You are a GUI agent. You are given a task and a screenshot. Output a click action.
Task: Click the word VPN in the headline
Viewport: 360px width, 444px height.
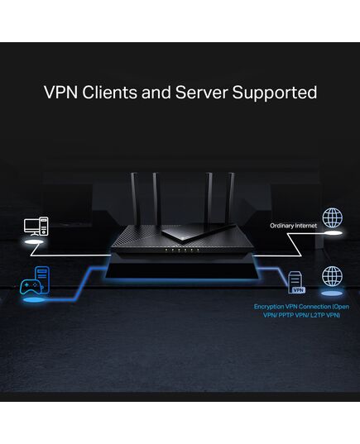point(60,93)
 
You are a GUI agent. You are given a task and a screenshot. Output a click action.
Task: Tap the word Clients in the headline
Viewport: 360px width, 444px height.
point(110,93)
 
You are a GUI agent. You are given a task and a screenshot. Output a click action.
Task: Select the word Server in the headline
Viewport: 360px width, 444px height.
point(201,93)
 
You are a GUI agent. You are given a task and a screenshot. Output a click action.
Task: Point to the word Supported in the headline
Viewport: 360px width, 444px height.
point(275,93)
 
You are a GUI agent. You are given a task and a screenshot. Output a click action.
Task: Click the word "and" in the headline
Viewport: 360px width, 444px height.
point(156,93)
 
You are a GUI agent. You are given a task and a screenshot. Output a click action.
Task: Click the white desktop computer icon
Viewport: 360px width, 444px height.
point(36,227)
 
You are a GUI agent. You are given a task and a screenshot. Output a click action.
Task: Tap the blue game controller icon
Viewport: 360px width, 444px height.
point(31,287)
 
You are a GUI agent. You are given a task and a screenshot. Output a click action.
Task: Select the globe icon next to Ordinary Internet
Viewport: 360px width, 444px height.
point(332,217)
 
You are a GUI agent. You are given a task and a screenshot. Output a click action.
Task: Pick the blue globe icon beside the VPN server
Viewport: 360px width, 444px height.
point(332,276)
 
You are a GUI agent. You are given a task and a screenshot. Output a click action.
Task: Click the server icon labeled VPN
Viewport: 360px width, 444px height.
point(296,282)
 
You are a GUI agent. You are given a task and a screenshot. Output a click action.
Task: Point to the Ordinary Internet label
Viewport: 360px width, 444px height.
point(294,226)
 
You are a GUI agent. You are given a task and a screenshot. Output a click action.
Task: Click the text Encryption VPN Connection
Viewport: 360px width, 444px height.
point(292,307)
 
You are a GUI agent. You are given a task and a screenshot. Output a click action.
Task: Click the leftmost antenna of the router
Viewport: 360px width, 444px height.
point(134,198)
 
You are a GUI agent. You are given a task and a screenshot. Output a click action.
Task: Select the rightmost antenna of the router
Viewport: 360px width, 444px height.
point(231,198)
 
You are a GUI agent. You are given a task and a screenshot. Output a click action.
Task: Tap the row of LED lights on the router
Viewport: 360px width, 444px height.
point(182,251)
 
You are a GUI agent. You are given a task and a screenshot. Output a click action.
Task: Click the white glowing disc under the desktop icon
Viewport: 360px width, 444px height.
point(34,242)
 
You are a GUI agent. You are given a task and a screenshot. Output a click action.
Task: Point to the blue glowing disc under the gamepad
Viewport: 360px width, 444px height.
point(34,300)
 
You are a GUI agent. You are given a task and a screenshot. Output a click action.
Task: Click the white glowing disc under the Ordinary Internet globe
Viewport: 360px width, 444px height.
point(332,233)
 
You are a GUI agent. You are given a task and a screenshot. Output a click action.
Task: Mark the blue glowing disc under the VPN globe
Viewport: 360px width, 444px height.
point(332,293)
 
